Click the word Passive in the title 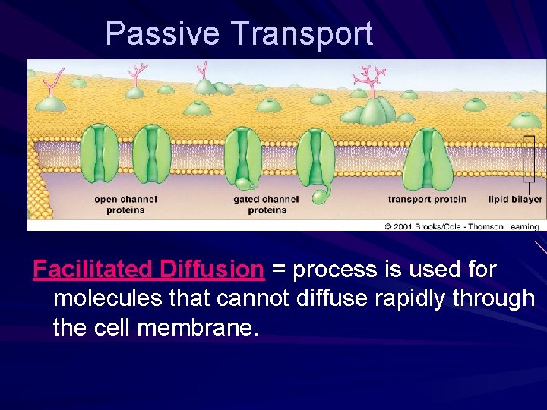(162, 34)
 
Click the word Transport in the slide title (302, 34)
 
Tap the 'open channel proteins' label (125, 205)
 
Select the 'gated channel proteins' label (266, 205)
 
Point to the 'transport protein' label (426, 200)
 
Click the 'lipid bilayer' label (516, 200)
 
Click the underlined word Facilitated (94, 270)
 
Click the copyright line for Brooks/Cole (461, 226)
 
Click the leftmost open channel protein (100, 155)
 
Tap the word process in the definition (332, 270)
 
